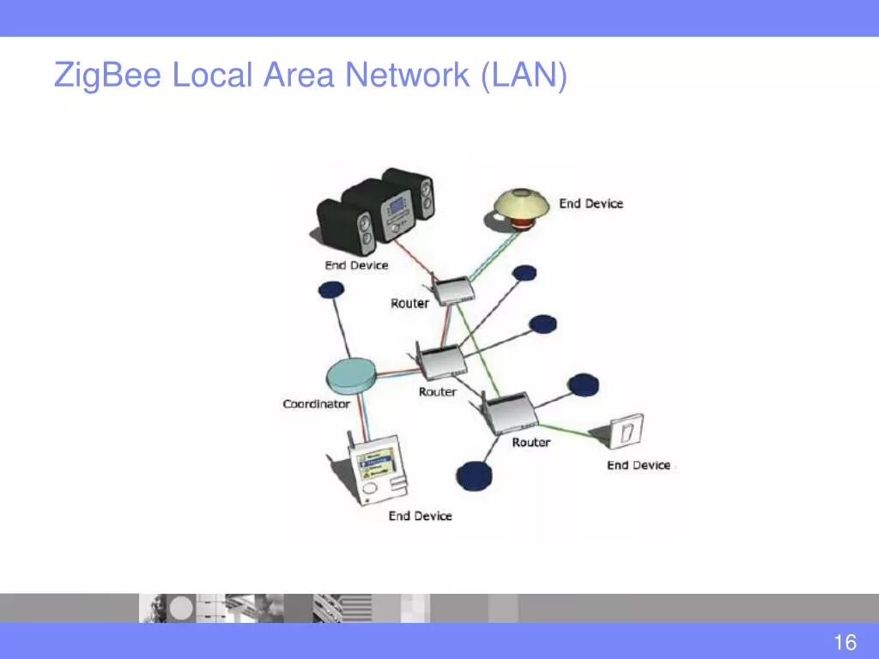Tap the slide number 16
tap(845, 642)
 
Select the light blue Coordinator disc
tap(351, 374)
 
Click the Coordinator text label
tap(317, 403)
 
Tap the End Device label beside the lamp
tap(591, 203)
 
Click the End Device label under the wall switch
tap(638, 465)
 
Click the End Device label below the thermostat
tap(420, 516)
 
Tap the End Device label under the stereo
tap(356, 265)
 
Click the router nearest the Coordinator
tap(439, 361)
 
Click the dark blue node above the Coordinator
tap(331, 290)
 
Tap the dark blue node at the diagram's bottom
tap(474, 475)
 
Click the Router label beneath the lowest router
tap(530, 442)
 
